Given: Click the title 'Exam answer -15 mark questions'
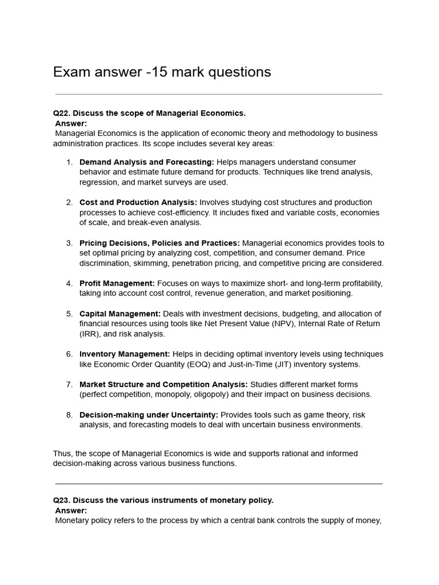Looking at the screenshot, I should [162, 72].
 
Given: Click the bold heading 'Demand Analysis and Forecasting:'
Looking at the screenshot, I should [147, 162].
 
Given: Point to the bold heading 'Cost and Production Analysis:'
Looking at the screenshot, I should [138, 202].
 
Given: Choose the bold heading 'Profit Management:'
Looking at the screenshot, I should [117, 283].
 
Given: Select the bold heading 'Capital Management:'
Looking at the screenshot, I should [120, 314].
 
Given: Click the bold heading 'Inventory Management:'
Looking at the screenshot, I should [125, 354].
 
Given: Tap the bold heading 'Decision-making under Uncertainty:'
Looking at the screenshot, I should [149, 415].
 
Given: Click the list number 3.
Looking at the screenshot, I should [69, 243].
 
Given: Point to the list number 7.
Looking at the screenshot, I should [69, 384].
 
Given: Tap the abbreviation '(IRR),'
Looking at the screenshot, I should [91, 334].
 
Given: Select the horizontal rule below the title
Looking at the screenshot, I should [219, 94].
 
